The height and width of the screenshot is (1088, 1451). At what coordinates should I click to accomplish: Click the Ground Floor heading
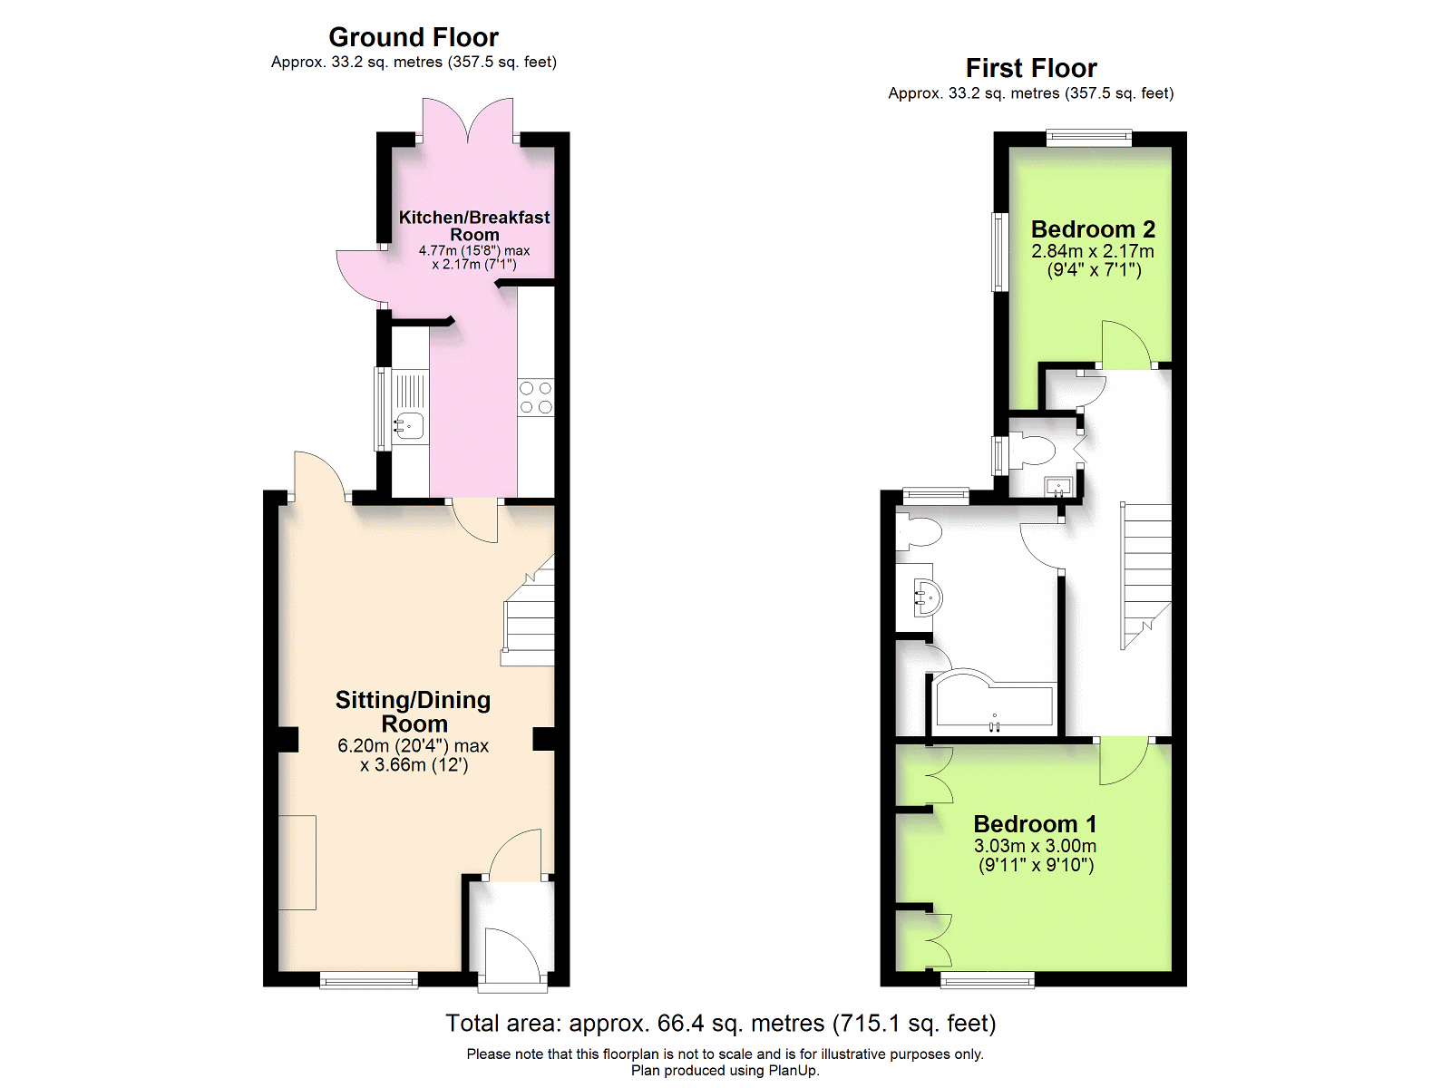coord(414,38)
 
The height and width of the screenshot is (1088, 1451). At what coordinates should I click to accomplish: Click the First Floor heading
coord(1031,68)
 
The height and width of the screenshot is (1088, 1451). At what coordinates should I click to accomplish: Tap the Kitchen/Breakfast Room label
coord(474,226)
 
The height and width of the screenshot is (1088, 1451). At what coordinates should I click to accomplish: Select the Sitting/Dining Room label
coord(414,712)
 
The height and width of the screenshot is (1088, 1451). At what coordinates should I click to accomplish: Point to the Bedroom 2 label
coord(1094,229)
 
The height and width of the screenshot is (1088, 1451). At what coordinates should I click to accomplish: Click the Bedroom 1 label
coord(1036,824)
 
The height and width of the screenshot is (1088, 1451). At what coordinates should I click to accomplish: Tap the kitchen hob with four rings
coord(535,397)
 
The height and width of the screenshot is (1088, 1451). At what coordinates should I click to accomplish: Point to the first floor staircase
coord(1145,576)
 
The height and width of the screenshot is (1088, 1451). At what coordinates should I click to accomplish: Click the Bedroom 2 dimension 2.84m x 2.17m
coord(1093,251)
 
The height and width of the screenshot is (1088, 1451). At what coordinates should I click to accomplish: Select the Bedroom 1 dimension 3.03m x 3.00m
coord(1036,846)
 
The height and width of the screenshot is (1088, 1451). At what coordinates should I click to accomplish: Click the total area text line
coord(721,1023)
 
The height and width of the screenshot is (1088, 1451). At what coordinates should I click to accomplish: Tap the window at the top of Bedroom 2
coord(1089,138)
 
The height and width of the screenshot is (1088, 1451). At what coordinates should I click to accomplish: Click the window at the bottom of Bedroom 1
coord(988,979)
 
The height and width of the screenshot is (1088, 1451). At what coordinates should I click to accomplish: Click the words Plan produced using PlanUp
coord(725,1071)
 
